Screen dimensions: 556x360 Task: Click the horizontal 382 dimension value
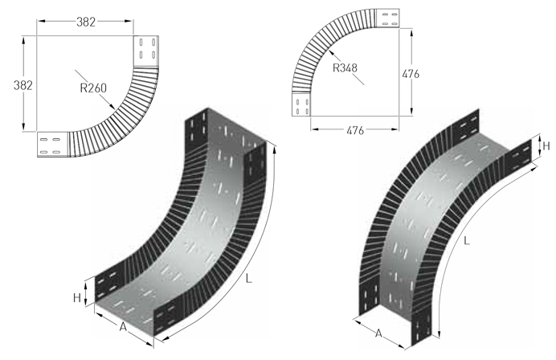point(86,22)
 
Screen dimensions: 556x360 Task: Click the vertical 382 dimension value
point(23,85)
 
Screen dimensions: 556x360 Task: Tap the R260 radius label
point(93,88)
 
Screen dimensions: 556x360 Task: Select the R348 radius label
point(345,67)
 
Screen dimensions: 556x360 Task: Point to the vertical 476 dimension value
point(411,74)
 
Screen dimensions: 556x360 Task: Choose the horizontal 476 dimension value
point(355,131)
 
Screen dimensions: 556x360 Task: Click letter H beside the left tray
point(77,298)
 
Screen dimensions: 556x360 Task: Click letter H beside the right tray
point(546,145)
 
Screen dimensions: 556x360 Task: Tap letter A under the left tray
point(123,327)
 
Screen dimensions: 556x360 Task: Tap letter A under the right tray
point(378,333)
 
